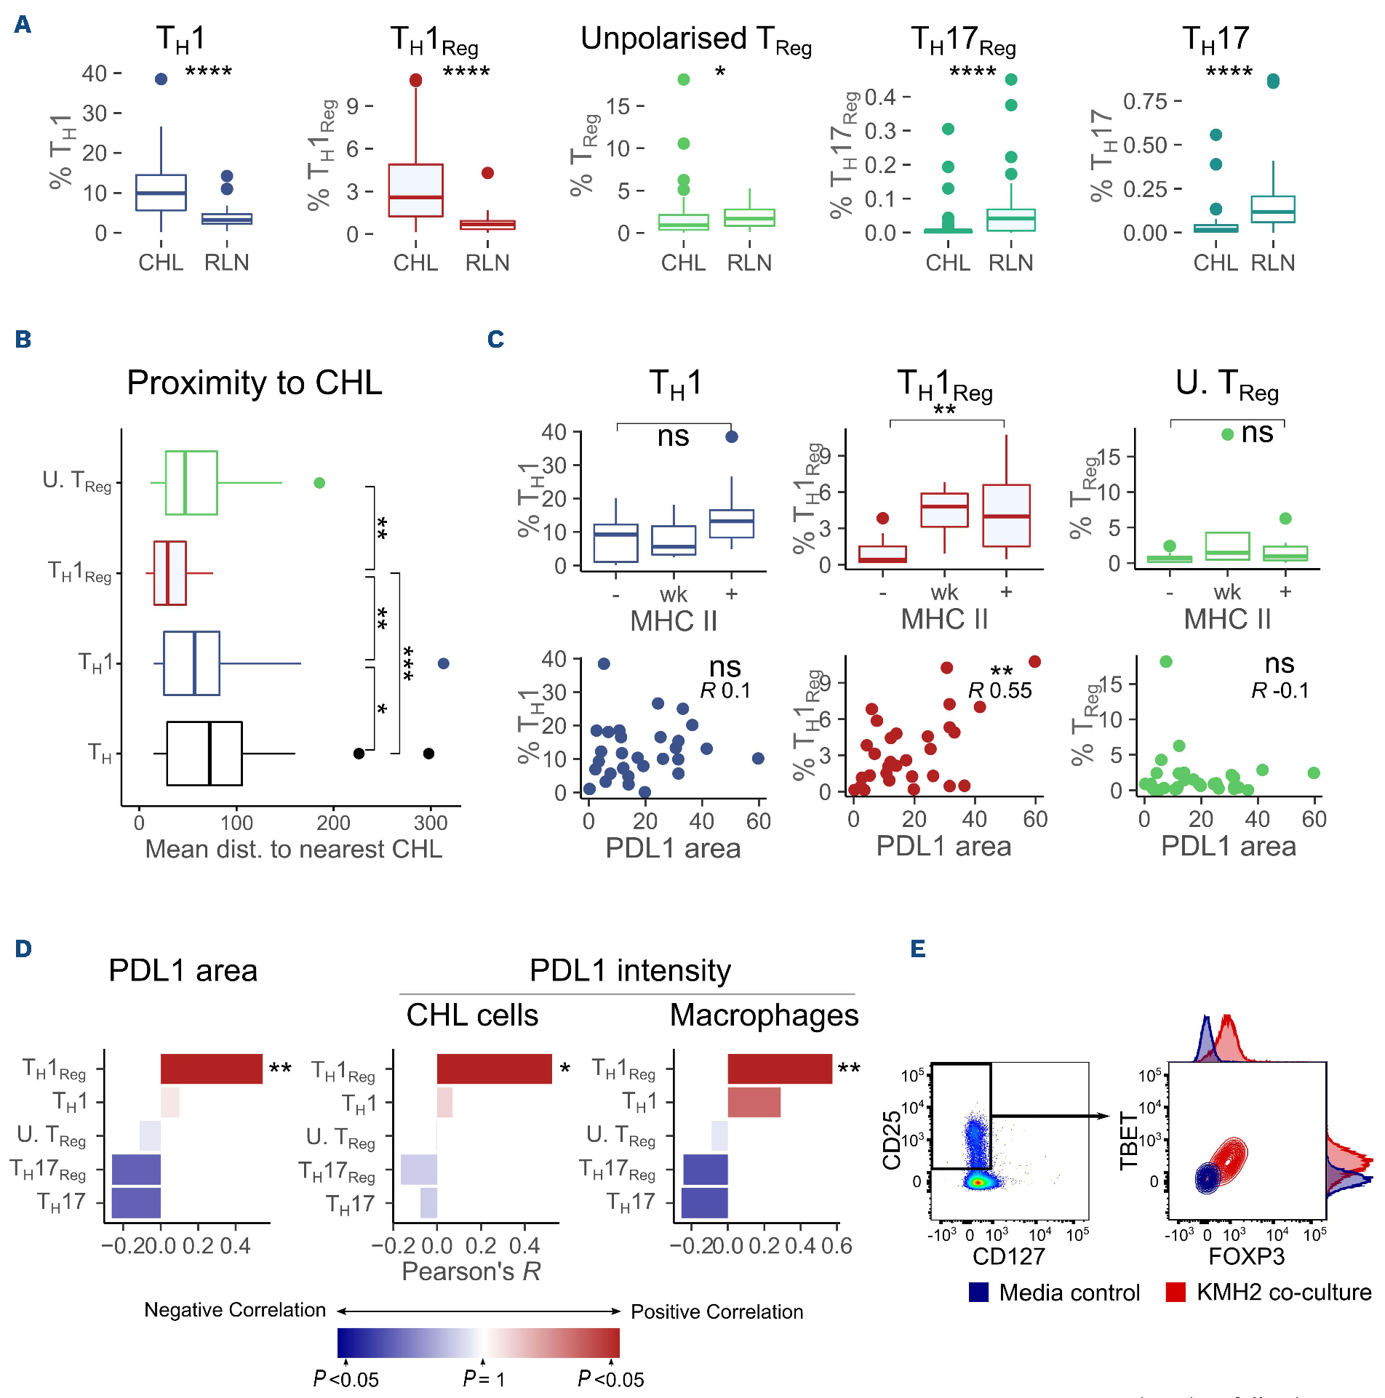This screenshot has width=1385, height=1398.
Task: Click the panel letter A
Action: point(23,25)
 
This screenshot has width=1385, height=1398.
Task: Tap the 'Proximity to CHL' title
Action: point(254,383)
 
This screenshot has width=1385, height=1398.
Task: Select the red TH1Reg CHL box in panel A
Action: point(415,191)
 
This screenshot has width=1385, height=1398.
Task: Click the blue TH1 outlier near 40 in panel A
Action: point(161,79)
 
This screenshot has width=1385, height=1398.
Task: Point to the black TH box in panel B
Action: point(204,754)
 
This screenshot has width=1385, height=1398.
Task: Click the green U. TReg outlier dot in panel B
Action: point(319,483)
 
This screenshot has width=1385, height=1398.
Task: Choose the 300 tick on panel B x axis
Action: point(431,823)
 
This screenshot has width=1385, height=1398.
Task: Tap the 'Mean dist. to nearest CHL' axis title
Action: point(293,850)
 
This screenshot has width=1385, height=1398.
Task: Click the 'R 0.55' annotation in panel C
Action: point(1000,691)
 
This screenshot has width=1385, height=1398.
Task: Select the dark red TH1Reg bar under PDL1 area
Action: point(211,1069)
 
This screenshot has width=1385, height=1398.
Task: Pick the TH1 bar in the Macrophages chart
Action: point(754,1103)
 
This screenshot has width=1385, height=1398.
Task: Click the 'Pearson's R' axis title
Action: point(471,1271)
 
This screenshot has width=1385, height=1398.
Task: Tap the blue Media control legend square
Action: point(978,1293)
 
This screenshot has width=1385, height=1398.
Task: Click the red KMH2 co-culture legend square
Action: point(1176,1293)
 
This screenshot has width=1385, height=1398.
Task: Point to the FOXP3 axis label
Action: point(1246,1256)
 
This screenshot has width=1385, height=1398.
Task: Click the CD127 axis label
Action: point(1009,1256)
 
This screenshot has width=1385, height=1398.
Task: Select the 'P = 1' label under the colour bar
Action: point(484,1379)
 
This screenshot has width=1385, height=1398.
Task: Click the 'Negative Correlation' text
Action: point(234,1310)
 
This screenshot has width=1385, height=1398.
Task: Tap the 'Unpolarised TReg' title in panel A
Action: point(695,40)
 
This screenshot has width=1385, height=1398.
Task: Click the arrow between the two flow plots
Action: point(1051,1116)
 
